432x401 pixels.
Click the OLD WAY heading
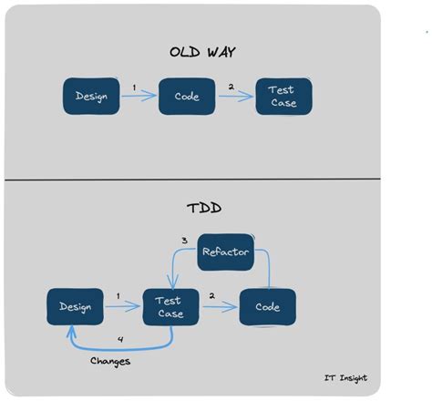[x=202, y=51]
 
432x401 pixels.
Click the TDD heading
[x=203, y=207]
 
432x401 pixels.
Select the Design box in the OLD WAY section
[x=91, y=97]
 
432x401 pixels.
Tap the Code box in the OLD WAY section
[x=186, y=97]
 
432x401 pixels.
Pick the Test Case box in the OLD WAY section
[x=283, y=97]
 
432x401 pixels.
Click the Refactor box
[x=225, y=252]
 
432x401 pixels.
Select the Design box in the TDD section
[x=75, y=307]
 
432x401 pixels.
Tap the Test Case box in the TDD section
[x=170, y=307]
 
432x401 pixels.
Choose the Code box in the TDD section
[x=267, y=307]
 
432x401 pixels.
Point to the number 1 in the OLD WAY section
[x=134, y=87]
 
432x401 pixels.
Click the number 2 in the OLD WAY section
[x=231, y=87]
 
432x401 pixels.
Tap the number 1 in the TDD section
[x=118, y=296]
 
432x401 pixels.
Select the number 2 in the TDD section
[x=211, y=296]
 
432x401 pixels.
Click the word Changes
[x=110, y=361]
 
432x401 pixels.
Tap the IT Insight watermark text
[x=345, y=378]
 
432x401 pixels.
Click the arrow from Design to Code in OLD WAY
[x=139, y=97]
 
